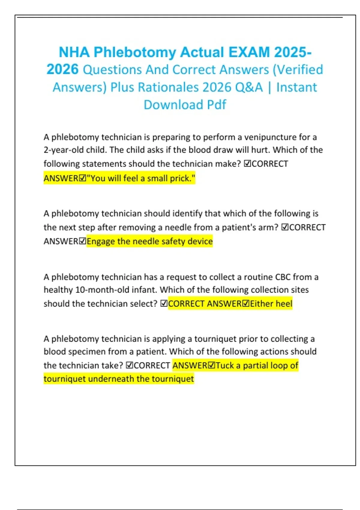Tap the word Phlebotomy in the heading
[x=135, y=52]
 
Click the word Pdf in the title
[x=216, y=105]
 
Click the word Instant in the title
[x=296, y=87]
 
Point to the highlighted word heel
[x=284, y=304]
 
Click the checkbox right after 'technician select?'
[x=164, y=304]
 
